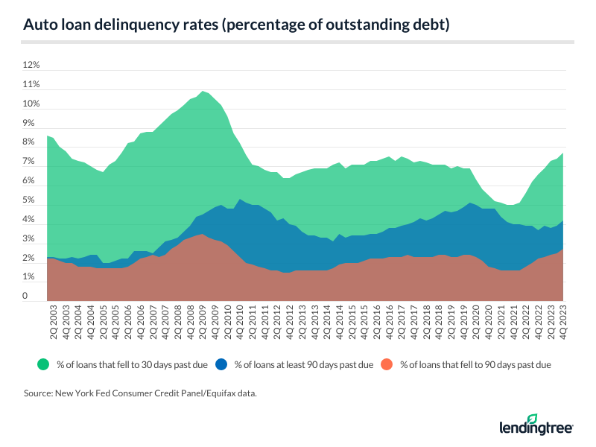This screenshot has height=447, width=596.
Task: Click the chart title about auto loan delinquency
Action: [237, 25]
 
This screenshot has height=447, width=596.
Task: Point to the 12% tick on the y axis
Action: [31, 66]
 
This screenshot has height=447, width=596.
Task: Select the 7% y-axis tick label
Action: [31, 162]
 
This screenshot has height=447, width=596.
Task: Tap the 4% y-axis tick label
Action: [31, 220]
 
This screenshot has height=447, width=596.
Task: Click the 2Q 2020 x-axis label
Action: [474, 321]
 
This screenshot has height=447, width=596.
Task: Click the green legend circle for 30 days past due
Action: [43, 364]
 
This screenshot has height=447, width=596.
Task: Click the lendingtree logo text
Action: [536, 428]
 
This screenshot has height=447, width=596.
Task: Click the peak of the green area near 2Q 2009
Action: [203, 91]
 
